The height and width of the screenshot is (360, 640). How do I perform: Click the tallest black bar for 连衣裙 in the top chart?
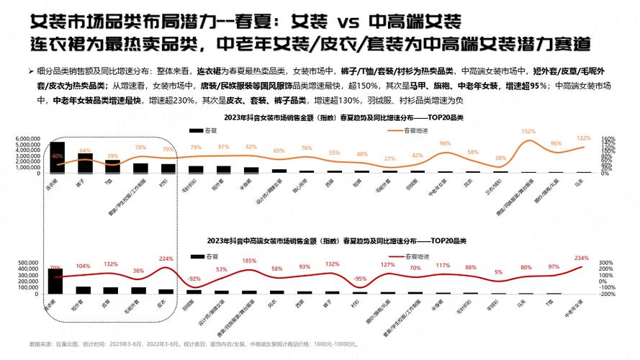click(x=57, y=157)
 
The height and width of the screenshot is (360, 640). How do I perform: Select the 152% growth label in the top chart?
click(x=528, y=132)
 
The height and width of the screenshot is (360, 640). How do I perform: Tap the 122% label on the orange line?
click(x=583, y=138)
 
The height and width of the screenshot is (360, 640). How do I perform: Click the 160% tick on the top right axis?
click(x=608, y=138)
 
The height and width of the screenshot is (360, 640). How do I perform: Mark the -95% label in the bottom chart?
click(x=360, y=278)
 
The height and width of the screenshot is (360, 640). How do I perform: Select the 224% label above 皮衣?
click(x=166, y=258)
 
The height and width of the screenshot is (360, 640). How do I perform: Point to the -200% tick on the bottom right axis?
click(x=606, y=294)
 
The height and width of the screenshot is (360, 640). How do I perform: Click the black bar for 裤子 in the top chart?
click(x=85, y=163)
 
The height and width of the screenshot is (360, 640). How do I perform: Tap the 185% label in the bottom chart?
click(x=249, y=261)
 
